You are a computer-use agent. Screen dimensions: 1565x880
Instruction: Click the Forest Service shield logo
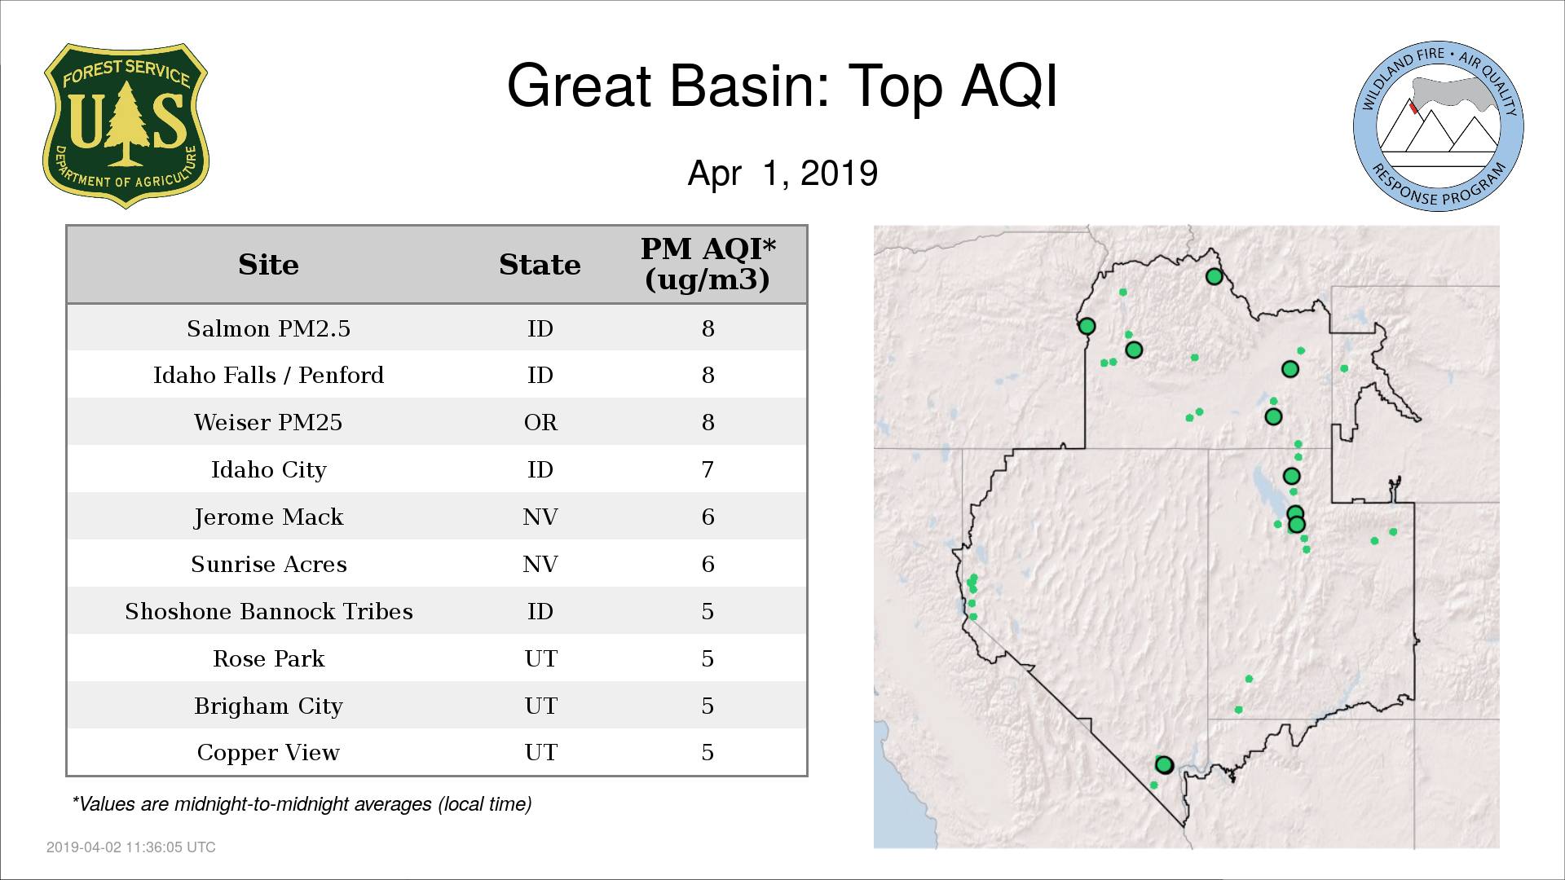pyautogui.click(x=126, y=125)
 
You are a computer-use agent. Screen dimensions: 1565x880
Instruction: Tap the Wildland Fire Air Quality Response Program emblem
pyautogui.click(x=1438, y=126)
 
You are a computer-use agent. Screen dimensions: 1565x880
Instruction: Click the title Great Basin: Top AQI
pyautogui.click(x=782, y=86)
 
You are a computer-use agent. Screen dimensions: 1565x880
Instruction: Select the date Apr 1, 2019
pyautogui.click(x=782, y=173)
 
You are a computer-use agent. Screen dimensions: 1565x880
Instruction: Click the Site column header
pyautogui.click(x=268, y=265)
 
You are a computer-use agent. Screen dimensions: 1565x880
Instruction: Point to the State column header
pyautogui.click(x=540, y=265)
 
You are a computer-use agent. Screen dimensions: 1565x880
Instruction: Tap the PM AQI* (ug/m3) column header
pyautogui.click(x=708, y=264)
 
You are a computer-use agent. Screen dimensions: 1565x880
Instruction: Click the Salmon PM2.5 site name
pyautogui.click(x=268, y=328)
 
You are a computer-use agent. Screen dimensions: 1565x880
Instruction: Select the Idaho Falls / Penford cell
pyautogui.click(x=268, y=375)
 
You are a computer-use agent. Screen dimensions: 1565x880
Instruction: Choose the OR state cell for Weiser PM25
pyautogui.click(x=540, y=422)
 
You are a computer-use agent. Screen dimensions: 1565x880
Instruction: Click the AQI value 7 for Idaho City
pyautogui.click(x=708, y=469)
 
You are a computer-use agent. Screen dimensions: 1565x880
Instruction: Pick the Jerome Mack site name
pyautogui.click(x=268, y=517)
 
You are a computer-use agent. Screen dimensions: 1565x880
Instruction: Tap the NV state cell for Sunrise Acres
pyautogui.click(x=540, y=564)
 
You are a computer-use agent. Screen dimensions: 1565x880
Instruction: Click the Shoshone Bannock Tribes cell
pyautogui.click(x=268, y=611)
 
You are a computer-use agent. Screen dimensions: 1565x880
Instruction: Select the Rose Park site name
pyautogui.click(x=268, y=658)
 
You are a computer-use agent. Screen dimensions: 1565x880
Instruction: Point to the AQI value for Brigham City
pyautogui.click(x=708, y=706)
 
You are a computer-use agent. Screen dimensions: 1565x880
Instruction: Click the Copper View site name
pyautogui.click(x=268, y=753)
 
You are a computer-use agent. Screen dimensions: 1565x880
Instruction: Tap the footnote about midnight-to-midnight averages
pyautogui.click(x=302, y=804)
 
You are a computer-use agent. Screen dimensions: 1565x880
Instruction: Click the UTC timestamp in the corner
pyautogui.click(x=131, y=847)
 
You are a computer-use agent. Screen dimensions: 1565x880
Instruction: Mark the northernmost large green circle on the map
pyautogui.click(x=1214, y=276)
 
